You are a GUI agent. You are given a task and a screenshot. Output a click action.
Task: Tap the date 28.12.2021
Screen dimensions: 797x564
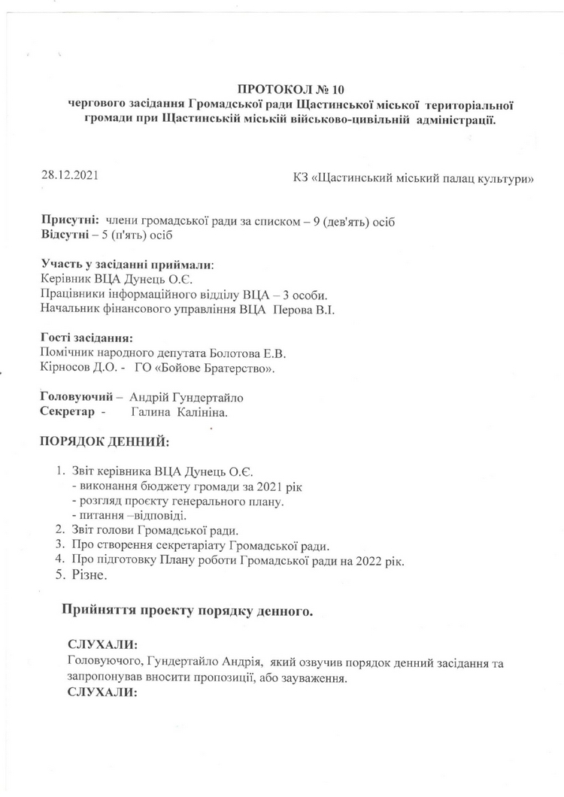70,177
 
